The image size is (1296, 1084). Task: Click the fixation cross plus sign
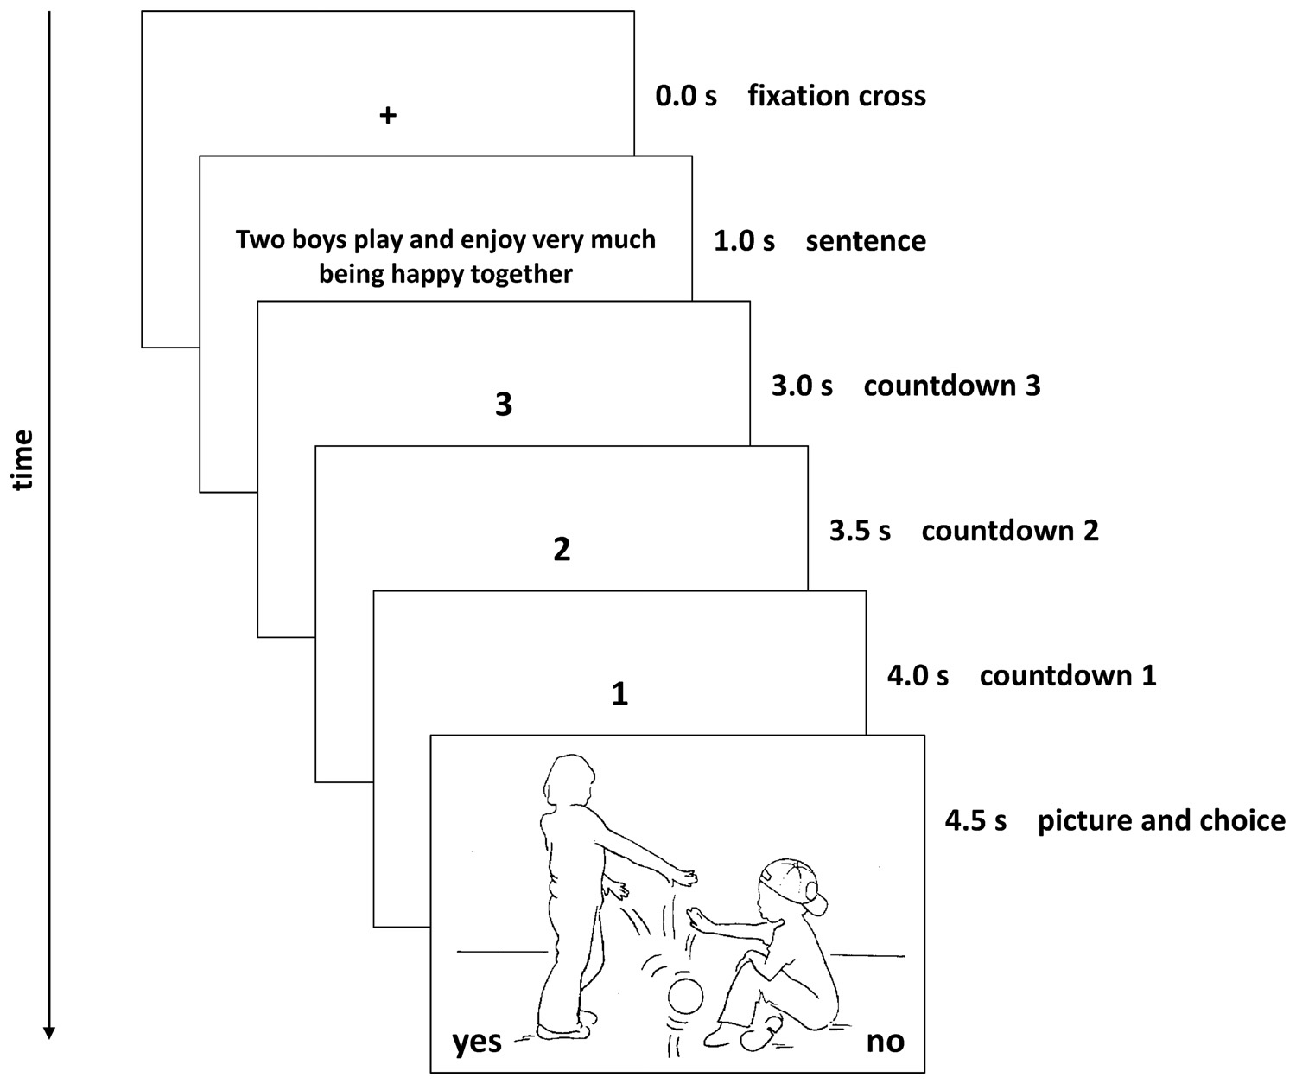(388, 115)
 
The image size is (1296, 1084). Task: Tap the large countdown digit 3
(504, 404)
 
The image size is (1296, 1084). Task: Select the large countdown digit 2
(562, 549)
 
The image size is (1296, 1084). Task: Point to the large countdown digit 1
(619, 694)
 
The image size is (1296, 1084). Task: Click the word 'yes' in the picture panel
(477, 1042)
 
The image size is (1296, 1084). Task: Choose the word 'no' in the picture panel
(885, 1042)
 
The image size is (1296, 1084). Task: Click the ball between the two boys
(688, 997)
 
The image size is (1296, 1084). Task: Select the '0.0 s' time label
(686, 96)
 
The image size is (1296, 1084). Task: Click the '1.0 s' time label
(744, 241)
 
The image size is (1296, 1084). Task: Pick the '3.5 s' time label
(860, 531)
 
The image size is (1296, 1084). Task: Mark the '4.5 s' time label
(975, 820)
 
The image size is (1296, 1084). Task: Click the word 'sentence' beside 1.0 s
(865, 241)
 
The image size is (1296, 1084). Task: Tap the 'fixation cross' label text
(836, 96)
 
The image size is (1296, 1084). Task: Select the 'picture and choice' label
(1161, 820)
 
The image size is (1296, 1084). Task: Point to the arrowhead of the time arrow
(49, 1031)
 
